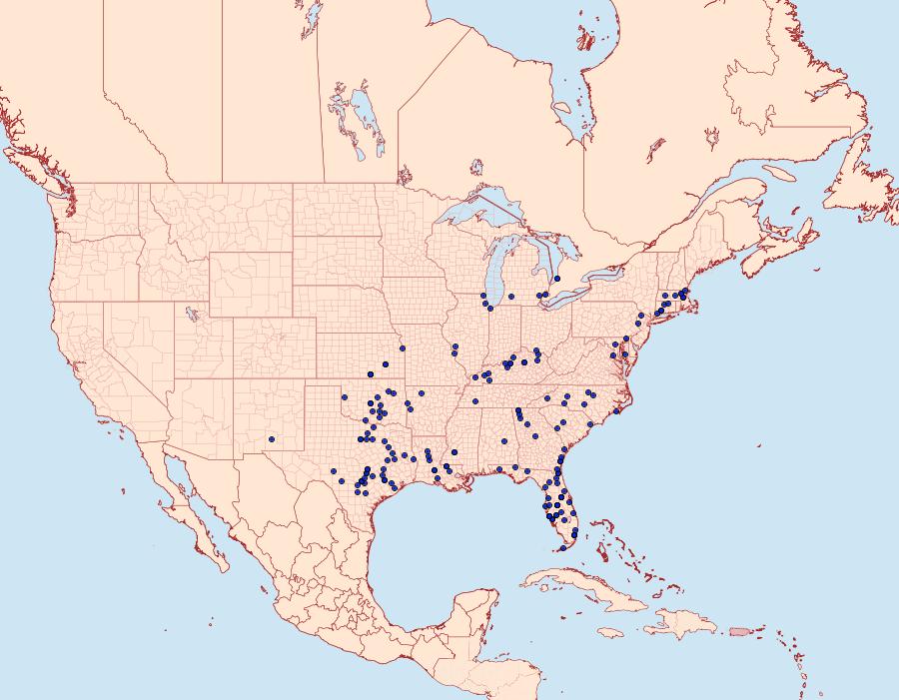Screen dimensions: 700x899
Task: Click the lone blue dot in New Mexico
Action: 272,438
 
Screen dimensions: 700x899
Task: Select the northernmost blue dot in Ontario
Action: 557,279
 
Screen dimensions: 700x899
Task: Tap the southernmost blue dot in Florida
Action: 562,547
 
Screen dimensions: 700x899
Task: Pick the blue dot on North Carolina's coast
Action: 617,410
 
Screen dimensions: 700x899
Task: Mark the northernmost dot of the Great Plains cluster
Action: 402,349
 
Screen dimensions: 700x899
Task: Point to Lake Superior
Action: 479,211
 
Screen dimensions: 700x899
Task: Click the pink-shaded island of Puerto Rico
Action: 739,629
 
